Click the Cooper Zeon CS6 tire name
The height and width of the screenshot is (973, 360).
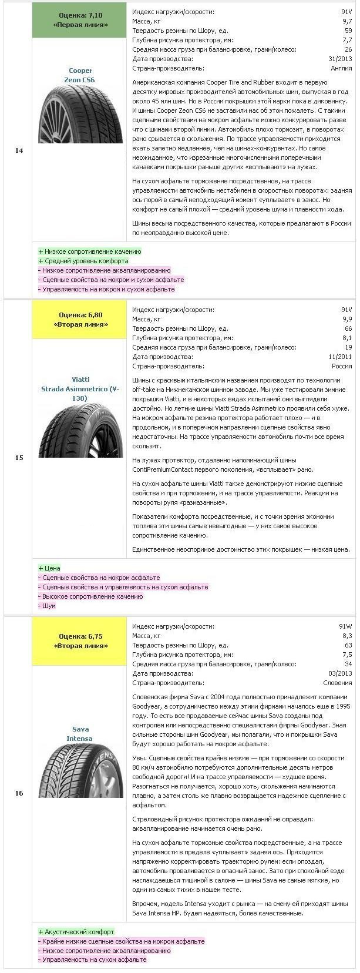click(80, 75)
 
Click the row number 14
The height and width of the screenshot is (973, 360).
click(19, 151)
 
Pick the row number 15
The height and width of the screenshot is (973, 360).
click(19, 458)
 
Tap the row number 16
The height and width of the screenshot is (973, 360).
click(19, 793)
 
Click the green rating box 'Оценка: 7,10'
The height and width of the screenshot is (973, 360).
click(80, 19)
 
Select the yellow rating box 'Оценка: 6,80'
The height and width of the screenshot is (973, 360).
click(80, 320)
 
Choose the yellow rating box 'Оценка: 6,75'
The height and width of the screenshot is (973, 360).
click(80, 640)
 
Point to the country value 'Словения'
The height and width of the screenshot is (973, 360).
click(338, 683)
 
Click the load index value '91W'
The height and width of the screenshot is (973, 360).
click(346, 626)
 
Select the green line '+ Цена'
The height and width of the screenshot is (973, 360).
click(49, 568)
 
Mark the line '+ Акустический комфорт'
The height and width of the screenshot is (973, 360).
click(76, 931)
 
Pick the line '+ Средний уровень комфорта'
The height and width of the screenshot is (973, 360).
click(83, 261)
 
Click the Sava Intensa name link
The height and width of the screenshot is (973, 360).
click(80, 734)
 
